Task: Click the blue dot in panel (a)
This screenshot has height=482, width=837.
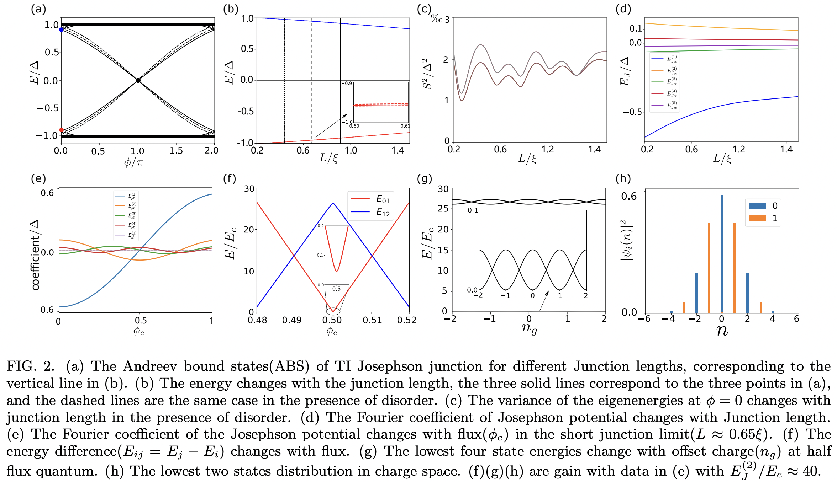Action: (61, 30)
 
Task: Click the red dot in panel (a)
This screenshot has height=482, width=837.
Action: (61, 130)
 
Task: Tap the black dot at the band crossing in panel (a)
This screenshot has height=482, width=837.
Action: (138, 81)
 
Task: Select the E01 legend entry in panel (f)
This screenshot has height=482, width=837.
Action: (370, 199)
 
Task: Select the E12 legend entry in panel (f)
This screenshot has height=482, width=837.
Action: (370, 212)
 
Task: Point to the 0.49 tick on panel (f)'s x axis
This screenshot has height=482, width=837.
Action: (292, 320)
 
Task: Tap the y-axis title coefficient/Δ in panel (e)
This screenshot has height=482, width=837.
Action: (36, 255)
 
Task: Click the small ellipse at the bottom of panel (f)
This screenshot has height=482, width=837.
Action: (333, 312)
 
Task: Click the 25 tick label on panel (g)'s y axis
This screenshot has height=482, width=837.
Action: (443, 209)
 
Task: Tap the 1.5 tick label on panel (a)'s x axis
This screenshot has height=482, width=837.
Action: (176, 151)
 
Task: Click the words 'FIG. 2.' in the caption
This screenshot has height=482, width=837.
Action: (31, 366)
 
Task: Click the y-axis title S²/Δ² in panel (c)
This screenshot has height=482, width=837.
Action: (428, 74)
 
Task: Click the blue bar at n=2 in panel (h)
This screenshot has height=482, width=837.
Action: (747, 292)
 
